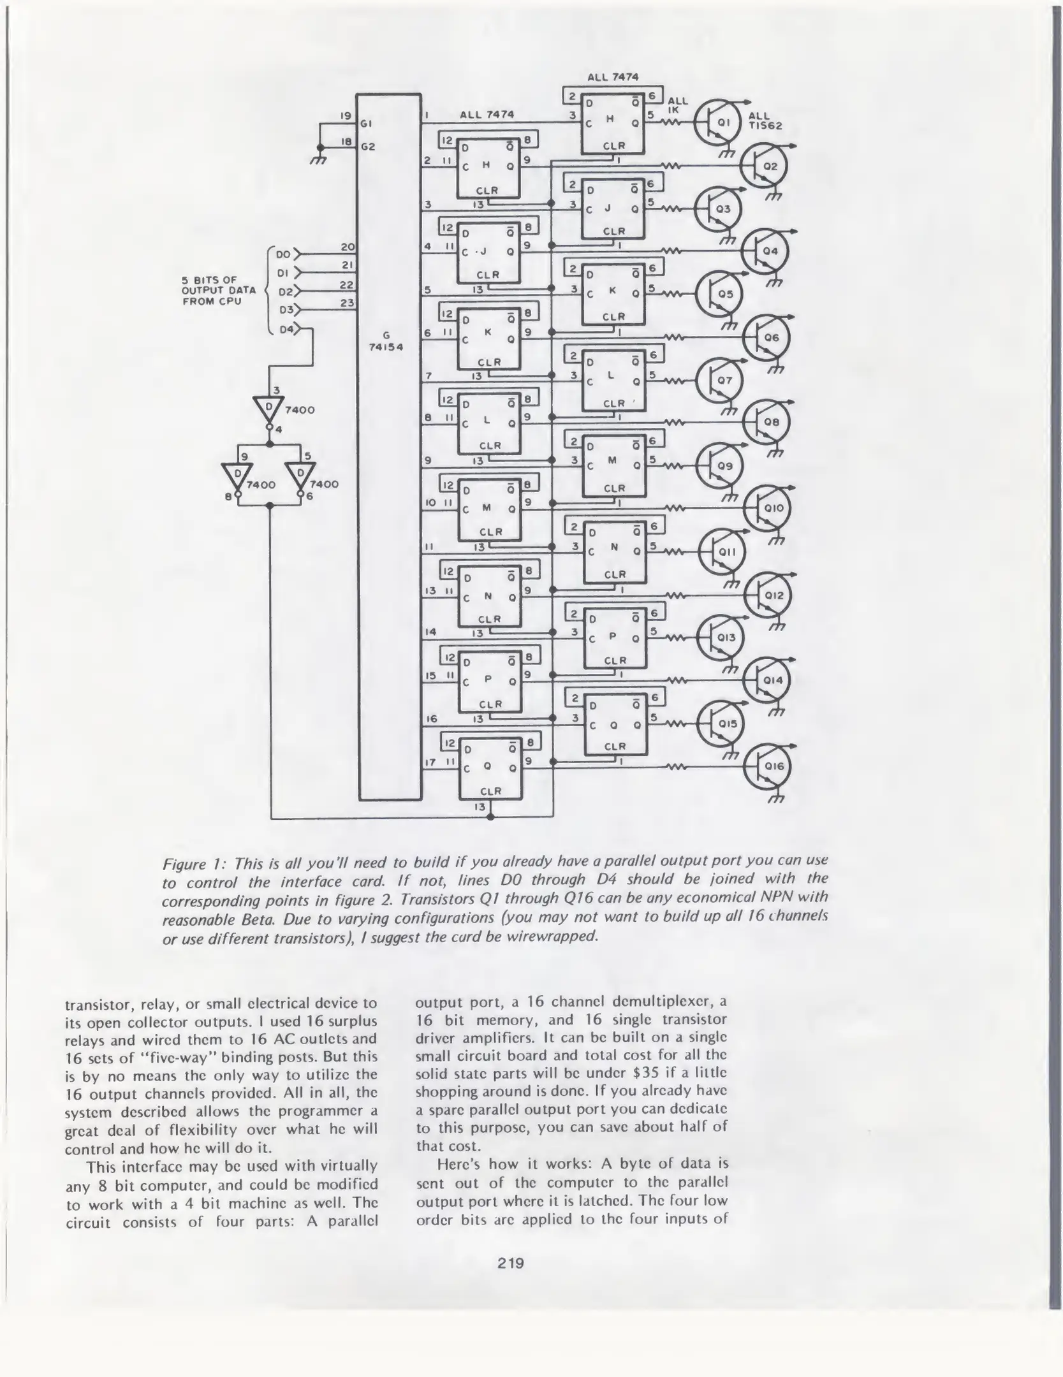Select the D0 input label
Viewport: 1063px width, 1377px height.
(283, 254)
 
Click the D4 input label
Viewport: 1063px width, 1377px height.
(286, 330)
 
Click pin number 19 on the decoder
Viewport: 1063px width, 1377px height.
(345, 116)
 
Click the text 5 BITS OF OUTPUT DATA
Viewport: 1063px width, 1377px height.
(218, 291)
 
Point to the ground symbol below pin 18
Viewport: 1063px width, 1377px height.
(318, 159)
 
